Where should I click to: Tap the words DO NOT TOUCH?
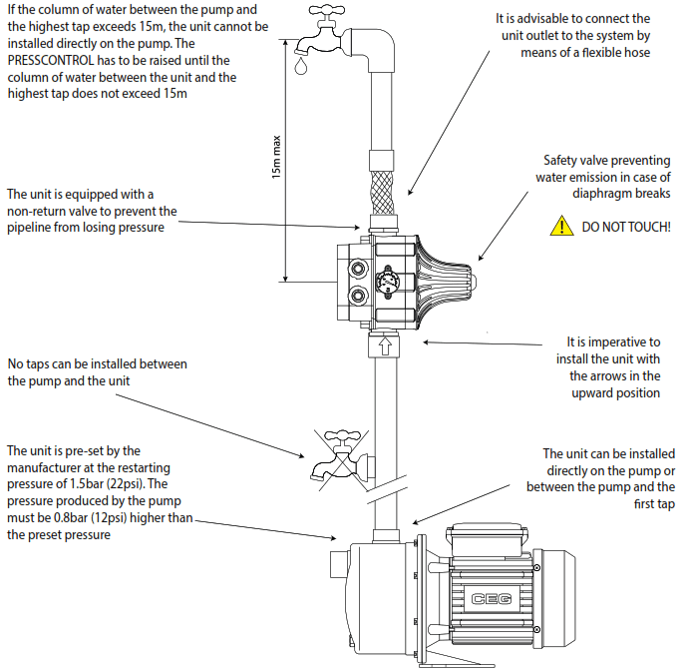pos(626,228)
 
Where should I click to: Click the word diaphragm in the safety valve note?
pos(606,193)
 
